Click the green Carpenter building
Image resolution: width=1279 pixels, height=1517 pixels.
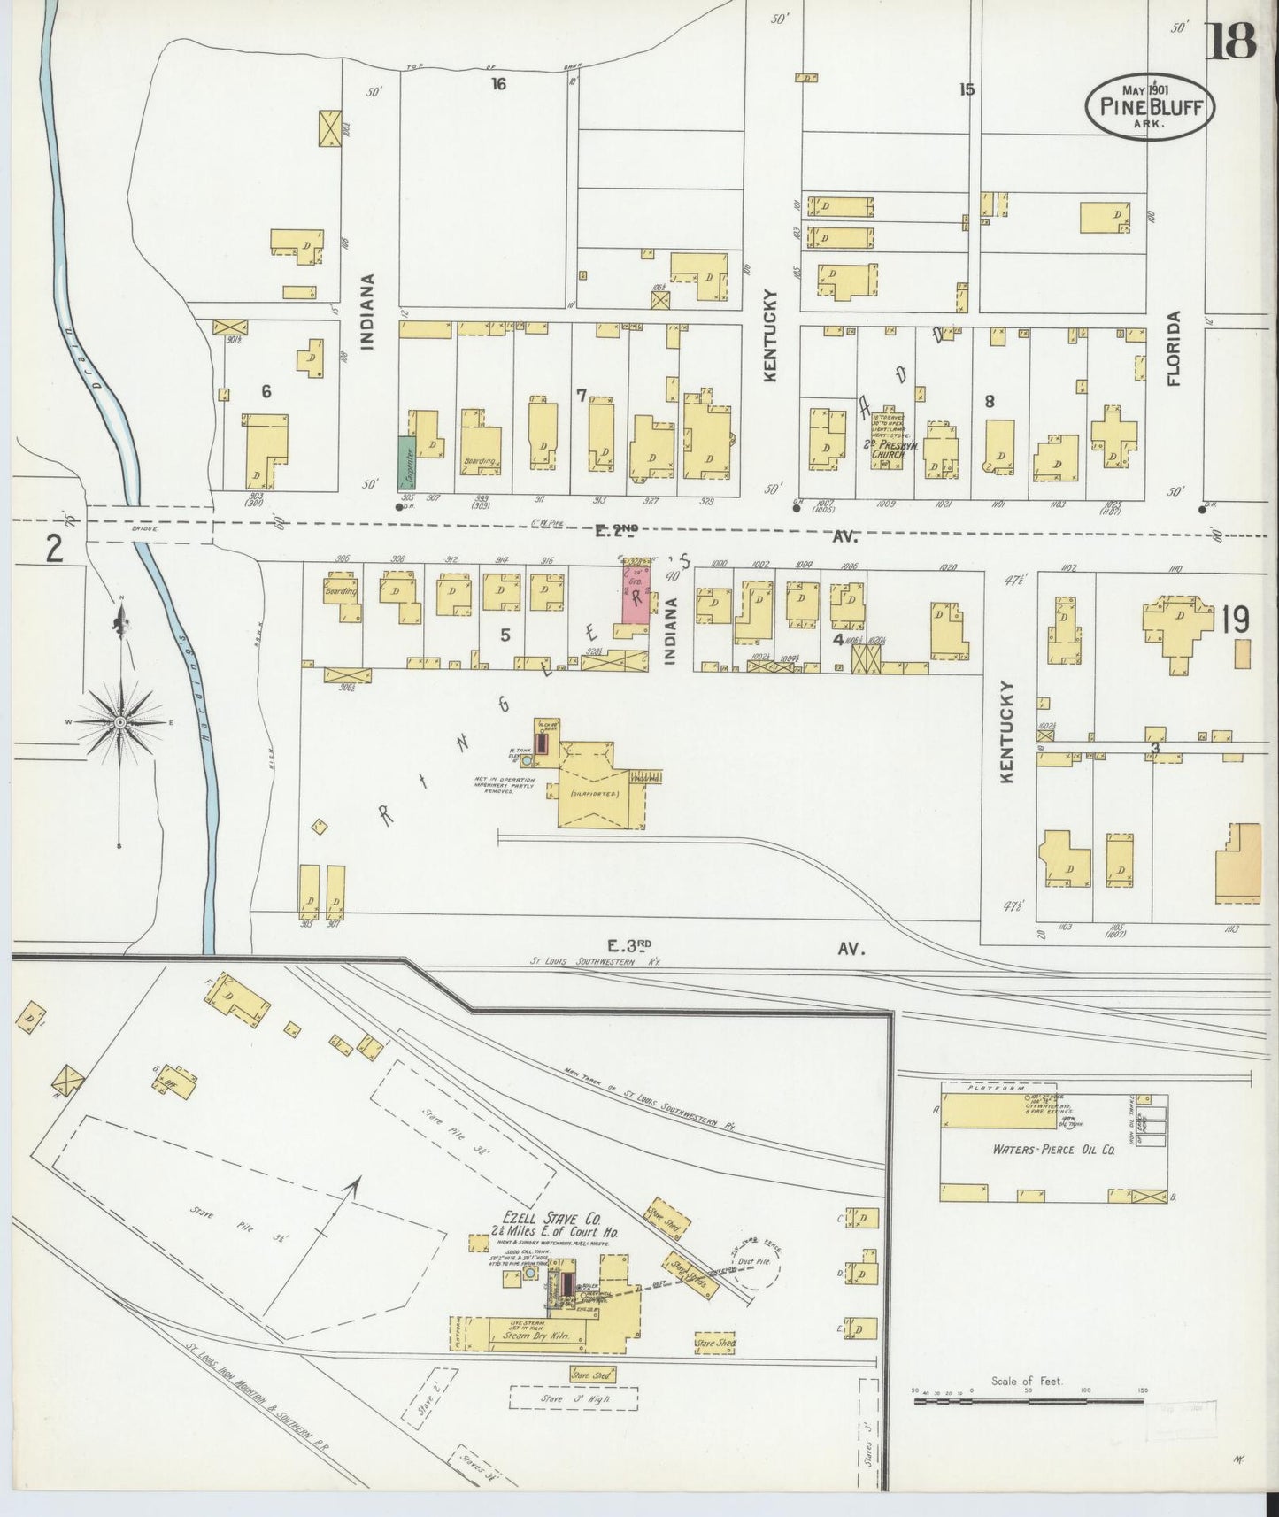(407, 461)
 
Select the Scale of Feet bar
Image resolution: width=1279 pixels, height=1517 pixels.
(1029, 1400)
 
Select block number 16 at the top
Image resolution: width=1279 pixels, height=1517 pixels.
(499, 84)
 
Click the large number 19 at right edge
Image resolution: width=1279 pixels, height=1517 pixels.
(1236, 620)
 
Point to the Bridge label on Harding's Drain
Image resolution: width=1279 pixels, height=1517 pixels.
(145, 528)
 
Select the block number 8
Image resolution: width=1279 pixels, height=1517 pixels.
(990, 401)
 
